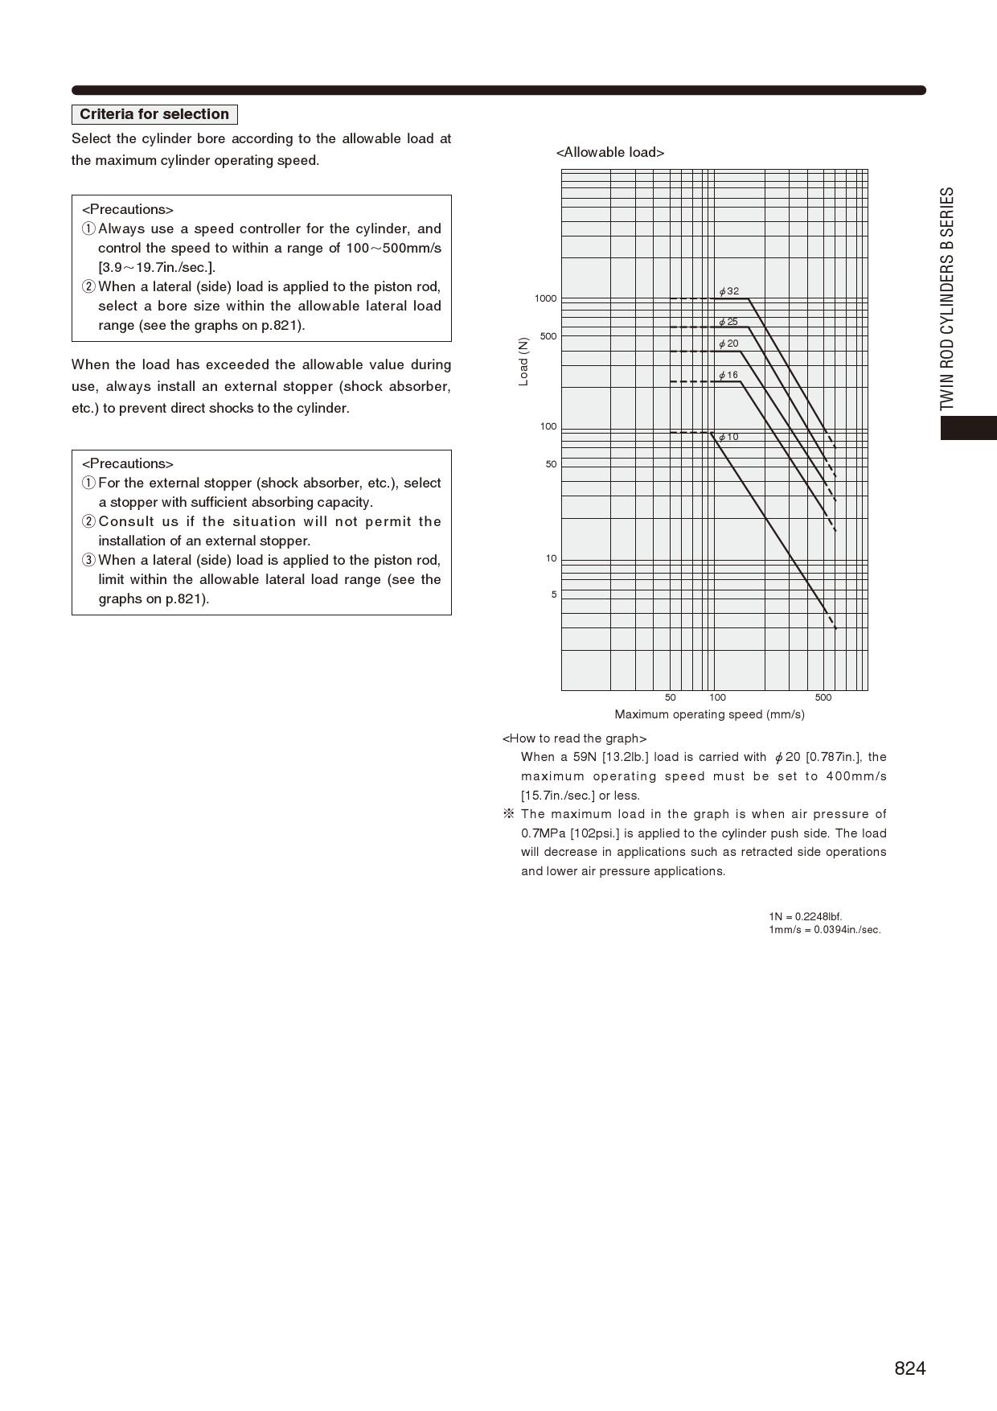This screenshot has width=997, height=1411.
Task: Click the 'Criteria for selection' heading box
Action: point(154,114)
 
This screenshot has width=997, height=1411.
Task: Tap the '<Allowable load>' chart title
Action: point(610,153)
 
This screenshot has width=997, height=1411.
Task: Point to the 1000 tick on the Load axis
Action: point(545,298)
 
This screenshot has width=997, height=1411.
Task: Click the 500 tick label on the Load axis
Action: point(548,336)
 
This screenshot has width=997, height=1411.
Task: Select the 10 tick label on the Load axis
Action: point(551,558)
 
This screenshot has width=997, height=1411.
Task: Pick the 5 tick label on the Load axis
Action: point(553,594)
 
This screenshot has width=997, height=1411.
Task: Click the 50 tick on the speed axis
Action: point(671,697)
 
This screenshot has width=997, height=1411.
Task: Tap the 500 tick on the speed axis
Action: point(823,697)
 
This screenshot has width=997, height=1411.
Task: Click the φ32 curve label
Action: point(729,291)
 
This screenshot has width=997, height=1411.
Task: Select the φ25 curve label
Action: point(728,322)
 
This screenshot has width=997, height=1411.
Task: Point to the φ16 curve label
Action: point(728,375)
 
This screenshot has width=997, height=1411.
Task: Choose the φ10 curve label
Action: point(728,437)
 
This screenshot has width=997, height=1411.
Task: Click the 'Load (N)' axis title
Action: point(524,362)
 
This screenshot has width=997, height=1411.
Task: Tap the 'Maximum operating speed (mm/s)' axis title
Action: point(709,714)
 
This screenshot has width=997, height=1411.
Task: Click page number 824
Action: point(909,1368)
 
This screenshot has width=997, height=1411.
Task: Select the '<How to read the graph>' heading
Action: point(574,738)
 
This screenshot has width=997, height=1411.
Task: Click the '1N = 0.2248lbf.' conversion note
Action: point(805,916)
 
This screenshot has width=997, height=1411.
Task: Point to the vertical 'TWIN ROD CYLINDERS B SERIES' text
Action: point(948,299)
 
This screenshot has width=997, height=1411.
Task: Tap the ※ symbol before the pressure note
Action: point(508,814)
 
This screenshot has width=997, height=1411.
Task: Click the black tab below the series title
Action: point(969,428)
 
